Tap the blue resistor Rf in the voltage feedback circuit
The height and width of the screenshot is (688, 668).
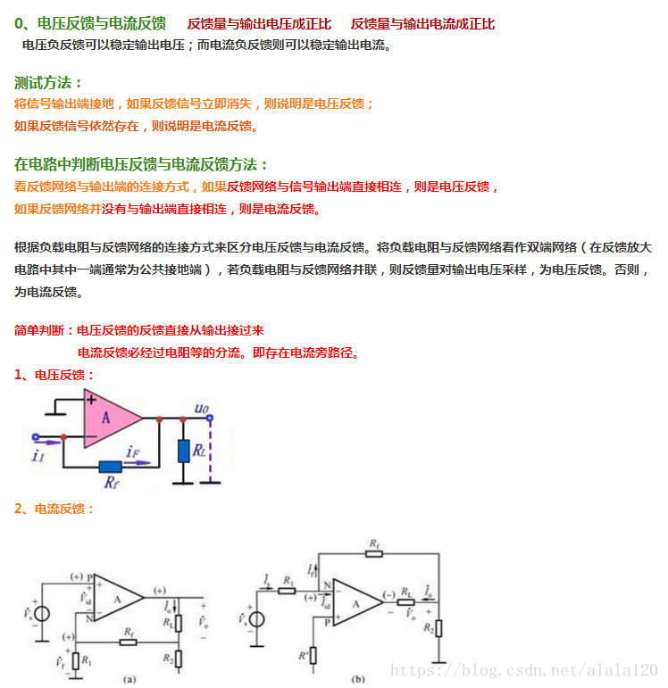point(112,466)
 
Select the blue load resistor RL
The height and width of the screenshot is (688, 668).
point(184,451)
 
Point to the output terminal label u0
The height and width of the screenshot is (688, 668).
point(202,410)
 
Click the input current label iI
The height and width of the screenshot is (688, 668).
point(37,455)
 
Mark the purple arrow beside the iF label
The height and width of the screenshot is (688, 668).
point(131,462)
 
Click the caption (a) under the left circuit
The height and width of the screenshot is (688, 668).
point(130,678)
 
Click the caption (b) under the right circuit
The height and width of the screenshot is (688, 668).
point(358,678)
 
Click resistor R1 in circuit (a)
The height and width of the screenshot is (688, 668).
point(77,661)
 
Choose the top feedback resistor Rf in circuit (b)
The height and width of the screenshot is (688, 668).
point(372,553)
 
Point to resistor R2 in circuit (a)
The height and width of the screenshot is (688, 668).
point(180,659)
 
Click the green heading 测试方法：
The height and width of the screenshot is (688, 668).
point(49,83)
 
